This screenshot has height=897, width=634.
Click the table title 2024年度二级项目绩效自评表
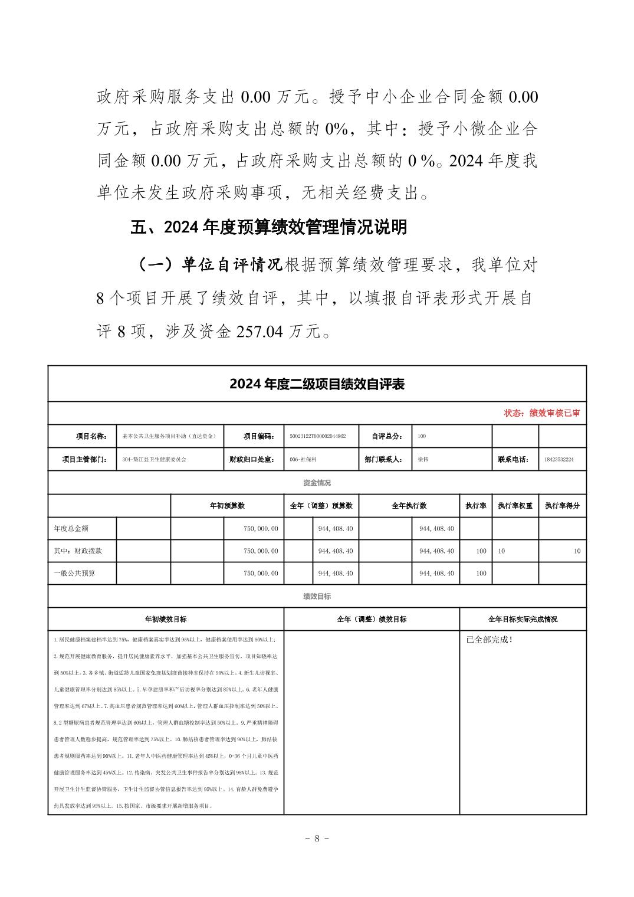[317, 384]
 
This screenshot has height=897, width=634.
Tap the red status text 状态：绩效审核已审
[541, 413]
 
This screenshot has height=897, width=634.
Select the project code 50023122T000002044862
[318, 436]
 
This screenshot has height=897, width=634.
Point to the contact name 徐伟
[423, 459]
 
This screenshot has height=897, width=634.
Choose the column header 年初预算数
[226, 506]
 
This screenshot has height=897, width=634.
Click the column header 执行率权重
[514, 506]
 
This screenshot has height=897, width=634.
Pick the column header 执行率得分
[562, 506]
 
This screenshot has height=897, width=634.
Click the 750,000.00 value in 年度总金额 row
[261, 529]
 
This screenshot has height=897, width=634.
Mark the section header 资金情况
[317, 483]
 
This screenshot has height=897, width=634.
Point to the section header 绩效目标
[317, 596]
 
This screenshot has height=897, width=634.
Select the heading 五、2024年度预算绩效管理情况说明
[268, 227]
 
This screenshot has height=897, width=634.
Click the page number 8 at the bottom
[317, 838]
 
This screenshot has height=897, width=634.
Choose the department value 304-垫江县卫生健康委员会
[154, 459]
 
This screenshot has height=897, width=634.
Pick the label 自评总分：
[387, 436]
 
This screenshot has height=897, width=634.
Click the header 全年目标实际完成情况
[523, 619]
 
